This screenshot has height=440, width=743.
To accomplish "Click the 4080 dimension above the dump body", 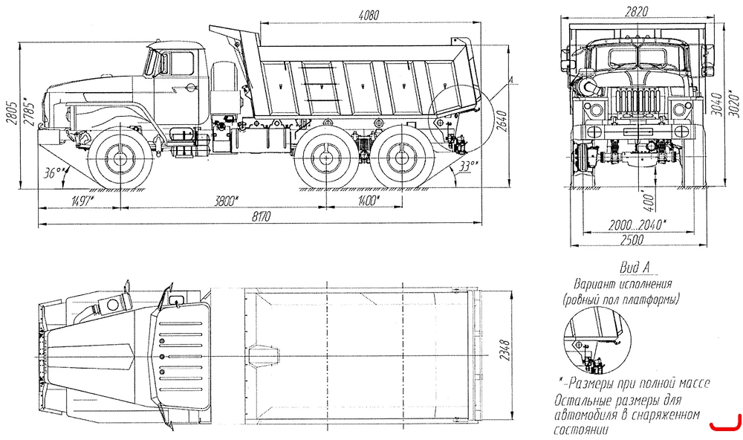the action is pyautogui.click(x=369, y=15).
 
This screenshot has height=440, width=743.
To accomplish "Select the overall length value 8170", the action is pyautogui.click(x=261, y=217).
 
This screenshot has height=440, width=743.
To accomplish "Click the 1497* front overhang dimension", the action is pyautogui.click(x=82, y=201).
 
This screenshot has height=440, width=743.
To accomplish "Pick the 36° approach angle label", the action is pyautogui.click(x=56, y=172).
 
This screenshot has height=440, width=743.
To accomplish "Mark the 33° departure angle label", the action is pyautogui.click(x=468, y=166).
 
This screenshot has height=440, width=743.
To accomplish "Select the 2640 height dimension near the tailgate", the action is pyautogui.click(x=502, y=122).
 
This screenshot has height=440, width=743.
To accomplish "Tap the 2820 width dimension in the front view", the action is pyautogui.click(x=636, y=12).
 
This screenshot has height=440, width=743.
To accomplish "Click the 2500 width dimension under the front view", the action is pyautogui.click(x=632, y=240).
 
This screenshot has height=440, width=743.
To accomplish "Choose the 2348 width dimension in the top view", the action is pyautogui.click(x=504, y=350).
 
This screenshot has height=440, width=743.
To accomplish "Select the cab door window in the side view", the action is pyautogui.click(x=181, y=63).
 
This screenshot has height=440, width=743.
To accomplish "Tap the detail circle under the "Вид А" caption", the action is pyautogui.click(x=564, y=340).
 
